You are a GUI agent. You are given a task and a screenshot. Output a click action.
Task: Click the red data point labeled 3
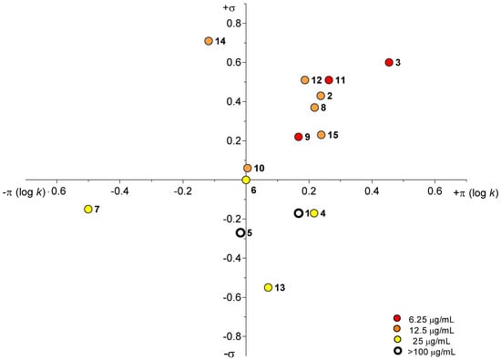389,62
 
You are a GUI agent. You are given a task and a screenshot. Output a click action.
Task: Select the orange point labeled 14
209,41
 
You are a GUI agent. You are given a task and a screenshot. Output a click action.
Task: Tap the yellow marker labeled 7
88,209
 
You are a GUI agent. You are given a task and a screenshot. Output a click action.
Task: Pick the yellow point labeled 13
269,287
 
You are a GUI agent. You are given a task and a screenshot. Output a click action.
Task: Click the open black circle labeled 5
240,232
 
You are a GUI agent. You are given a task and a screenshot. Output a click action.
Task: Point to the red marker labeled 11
329,80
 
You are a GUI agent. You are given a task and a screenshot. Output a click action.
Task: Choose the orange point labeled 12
305,80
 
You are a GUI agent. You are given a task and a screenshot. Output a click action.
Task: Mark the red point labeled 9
298,137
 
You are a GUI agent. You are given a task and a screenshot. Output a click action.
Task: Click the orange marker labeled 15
321,135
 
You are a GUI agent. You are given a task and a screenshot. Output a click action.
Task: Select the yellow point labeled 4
314,213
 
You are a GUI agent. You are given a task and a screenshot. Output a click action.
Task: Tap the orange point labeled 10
248,168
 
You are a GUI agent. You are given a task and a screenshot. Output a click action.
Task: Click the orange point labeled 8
314,108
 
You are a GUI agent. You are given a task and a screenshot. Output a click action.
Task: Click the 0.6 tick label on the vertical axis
233,62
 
